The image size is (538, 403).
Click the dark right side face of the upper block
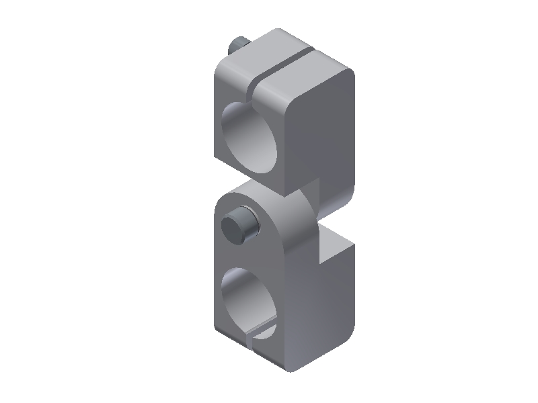click(x=323, y=134)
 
